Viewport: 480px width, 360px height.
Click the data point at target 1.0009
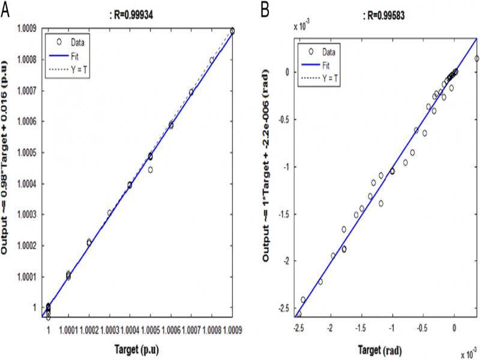[232, 31]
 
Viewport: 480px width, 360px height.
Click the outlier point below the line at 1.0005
[150, 170]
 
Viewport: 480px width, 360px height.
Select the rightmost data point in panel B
[476, 59]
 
